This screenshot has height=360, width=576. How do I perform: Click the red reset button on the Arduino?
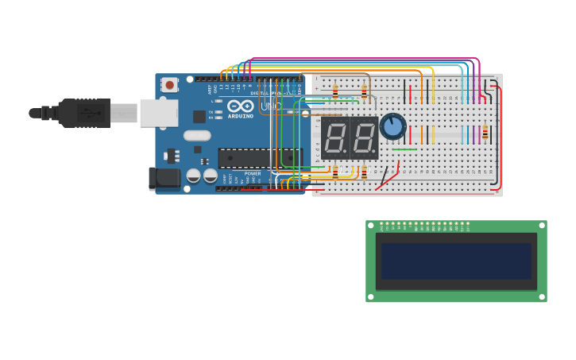pyautogui.click(x=169, y=83)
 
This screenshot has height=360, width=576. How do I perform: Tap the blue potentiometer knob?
pyautogui.click(x=392, y=126)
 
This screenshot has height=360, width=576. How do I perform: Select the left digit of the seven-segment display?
pyautogui.click(x=335, y=138)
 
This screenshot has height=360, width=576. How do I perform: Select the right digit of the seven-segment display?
pyautogui.click(x=364, y=138)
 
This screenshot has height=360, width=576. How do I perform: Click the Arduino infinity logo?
pyautogui.click(x=240, y=106)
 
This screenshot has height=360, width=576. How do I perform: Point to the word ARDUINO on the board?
pyautogui.click(x=240, y=116)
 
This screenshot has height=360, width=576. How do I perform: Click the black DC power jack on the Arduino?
pyautogui.click(x=164, y=178)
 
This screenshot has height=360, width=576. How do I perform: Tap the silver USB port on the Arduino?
pyautogui.click(x=158, y=113)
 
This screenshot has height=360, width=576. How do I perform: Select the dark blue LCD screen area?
pyautogui.click(x=456, y=261)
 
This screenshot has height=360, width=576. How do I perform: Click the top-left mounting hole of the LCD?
pyautogui.click(x=371, y=226)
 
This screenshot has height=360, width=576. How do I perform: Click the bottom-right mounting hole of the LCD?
pyautogui.click(x=542, y=296)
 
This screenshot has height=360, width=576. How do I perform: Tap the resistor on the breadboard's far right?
pyautogui.click(x=485, y=133)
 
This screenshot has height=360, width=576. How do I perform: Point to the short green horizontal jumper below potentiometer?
pyautogui.click(x=404, y=149)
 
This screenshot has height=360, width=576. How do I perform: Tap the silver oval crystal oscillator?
pyautogui.click(x=197, y=135)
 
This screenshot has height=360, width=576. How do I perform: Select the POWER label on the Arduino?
pyautogui.click(x=253, y=173)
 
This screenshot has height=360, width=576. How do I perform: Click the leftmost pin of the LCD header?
pyautogui.click(x=381, y=223)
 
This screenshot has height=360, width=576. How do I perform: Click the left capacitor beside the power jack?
pyautogui.click(x=193, y=176)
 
